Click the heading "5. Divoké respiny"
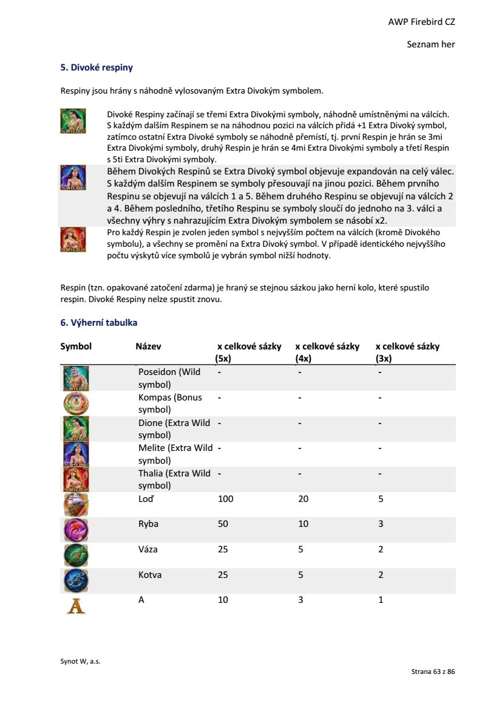tap(97, 67)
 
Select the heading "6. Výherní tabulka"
tap(98, 323)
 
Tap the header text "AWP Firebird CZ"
tap(421, 22)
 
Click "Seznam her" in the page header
tap(431, 44)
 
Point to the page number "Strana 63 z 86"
tap(433, 671)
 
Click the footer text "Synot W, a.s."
tap(80, 661)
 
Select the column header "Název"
tap(148, 346)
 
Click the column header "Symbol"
tap(76, 346)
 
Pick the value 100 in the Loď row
tap(225, 499)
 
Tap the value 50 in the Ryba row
tap(223, 524)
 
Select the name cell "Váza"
tap(148, 549)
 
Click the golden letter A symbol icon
tap(76, 605)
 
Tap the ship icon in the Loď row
tap(76, 504)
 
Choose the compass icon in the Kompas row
tap(76, 404)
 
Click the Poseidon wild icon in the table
tap(76, 378)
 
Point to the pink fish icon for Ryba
tap(76, 529)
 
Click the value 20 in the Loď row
tap(304, 499)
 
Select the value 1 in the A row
tap(381, 600)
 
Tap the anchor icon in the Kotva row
tap(76, 580)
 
